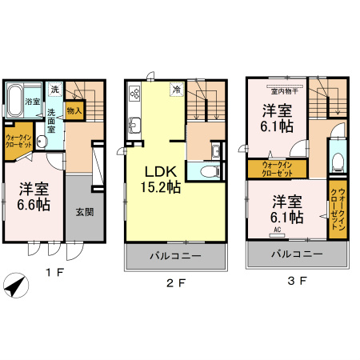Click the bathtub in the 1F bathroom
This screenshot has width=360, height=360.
(15, 100)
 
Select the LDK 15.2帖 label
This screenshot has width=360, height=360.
(160, 178)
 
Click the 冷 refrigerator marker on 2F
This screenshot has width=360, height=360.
(175, 90)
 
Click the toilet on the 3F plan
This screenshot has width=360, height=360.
(337, 162)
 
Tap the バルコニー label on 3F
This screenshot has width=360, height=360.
(296, 254)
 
